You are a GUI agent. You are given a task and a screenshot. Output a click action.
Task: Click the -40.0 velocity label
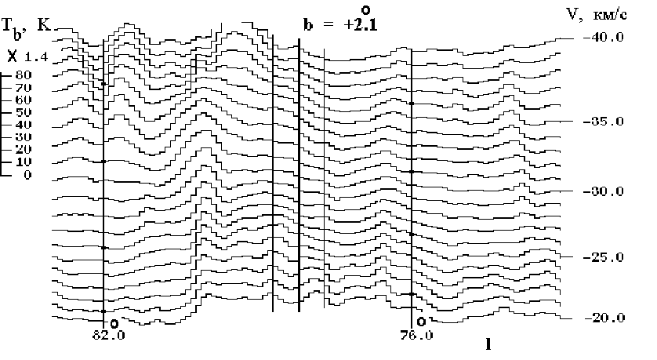(603, 38)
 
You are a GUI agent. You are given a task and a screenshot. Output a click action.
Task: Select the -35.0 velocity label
(603, 122)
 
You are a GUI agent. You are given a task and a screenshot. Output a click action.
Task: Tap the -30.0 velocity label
(603, 191)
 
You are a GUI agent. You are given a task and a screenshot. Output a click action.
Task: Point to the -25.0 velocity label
(603, 257)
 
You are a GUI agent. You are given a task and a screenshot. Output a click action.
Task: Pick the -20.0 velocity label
(604, 318)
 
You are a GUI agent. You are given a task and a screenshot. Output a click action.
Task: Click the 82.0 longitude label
(108, 336)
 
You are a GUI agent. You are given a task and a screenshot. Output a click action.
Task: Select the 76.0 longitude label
(416, 336)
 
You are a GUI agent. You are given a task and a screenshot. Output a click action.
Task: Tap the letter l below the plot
(488, 344)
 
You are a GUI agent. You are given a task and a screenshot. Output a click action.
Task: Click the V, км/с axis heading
(597, 15)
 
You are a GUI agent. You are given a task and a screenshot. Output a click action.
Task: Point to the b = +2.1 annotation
(340, 25)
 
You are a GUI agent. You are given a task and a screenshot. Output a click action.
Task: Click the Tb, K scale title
(26, 27)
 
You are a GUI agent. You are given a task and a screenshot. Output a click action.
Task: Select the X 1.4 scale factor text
(27, 56)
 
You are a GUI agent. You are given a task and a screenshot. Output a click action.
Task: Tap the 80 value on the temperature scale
(24, 75)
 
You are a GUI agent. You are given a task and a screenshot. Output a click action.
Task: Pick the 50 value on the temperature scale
(24, 112)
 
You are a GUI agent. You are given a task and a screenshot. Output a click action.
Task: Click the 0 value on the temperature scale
(27, 174)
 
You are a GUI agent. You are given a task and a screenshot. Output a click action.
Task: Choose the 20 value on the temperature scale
(24, 149)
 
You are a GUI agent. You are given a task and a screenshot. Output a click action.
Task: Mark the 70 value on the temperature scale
(24, 88)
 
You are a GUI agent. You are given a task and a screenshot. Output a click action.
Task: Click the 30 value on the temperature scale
(24, 137)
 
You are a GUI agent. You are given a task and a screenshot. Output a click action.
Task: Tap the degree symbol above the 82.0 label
(114, 324)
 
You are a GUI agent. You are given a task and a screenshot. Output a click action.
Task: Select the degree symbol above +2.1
(366, 10)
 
